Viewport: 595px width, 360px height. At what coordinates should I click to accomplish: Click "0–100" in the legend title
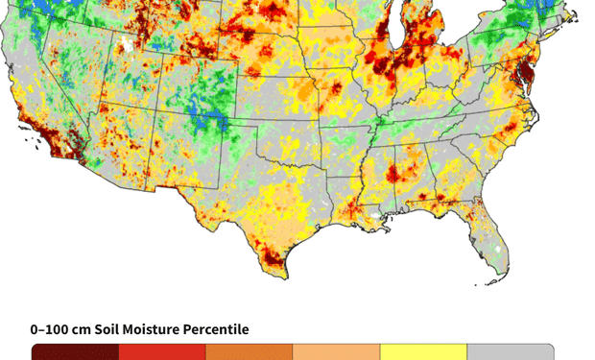51,329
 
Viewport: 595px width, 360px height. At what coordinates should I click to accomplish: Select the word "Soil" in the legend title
112,329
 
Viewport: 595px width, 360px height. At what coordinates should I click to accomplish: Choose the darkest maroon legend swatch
75,352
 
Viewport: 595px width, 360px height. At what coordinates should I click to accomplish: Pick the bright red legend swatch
161,352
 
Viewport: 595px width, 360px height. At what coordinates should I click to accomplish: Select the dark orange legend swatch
249,352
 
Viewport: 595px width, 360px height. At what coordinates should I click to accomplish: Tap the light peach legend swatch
336,352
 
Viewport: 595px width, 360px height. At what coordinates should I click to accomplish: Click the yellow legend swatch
423,352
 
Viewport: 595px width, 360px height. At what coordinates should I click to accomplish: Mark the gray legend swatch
510,352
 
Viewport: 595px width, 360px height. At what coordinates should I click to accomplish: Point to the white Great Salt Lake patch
125,45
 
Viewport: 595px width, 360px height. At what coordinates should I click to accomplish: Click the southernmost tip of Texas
285,276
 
